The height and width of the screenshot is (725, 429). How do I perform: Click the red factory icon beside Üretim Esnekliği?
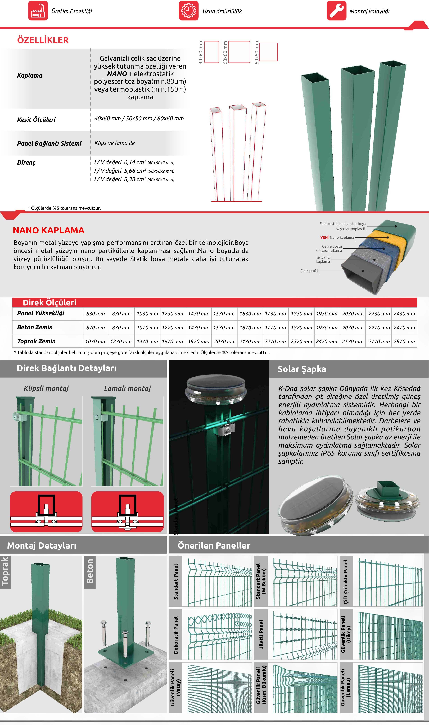pyautogui.click(x=38, y=11)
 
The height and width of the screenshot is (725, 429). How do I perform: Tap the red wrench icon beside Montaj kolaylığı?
pyautogui.click(x=336, y=11)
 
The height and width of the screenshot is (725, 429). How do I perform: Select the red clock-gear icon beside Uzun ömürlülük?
pyautogui.click(x=188, y=11)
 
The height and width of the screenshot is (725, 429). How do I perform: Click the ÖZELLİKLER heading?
pyautogui.click(x=43, y=40)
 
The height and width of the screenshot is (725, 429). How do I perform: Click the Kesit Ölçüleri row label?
pyautogui.click(x=36, y=120)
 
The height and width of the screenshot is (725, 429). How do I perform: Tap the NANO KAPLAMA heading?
pyautogui.click(x=49, y=230)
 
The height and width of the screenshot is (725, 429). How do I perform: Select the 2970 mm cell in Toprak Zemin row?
pyautogui.click(x=404, y=342)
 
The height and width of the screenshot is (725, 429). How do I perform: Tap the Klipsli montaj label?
pyautogui.click(x=46, y=388)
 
